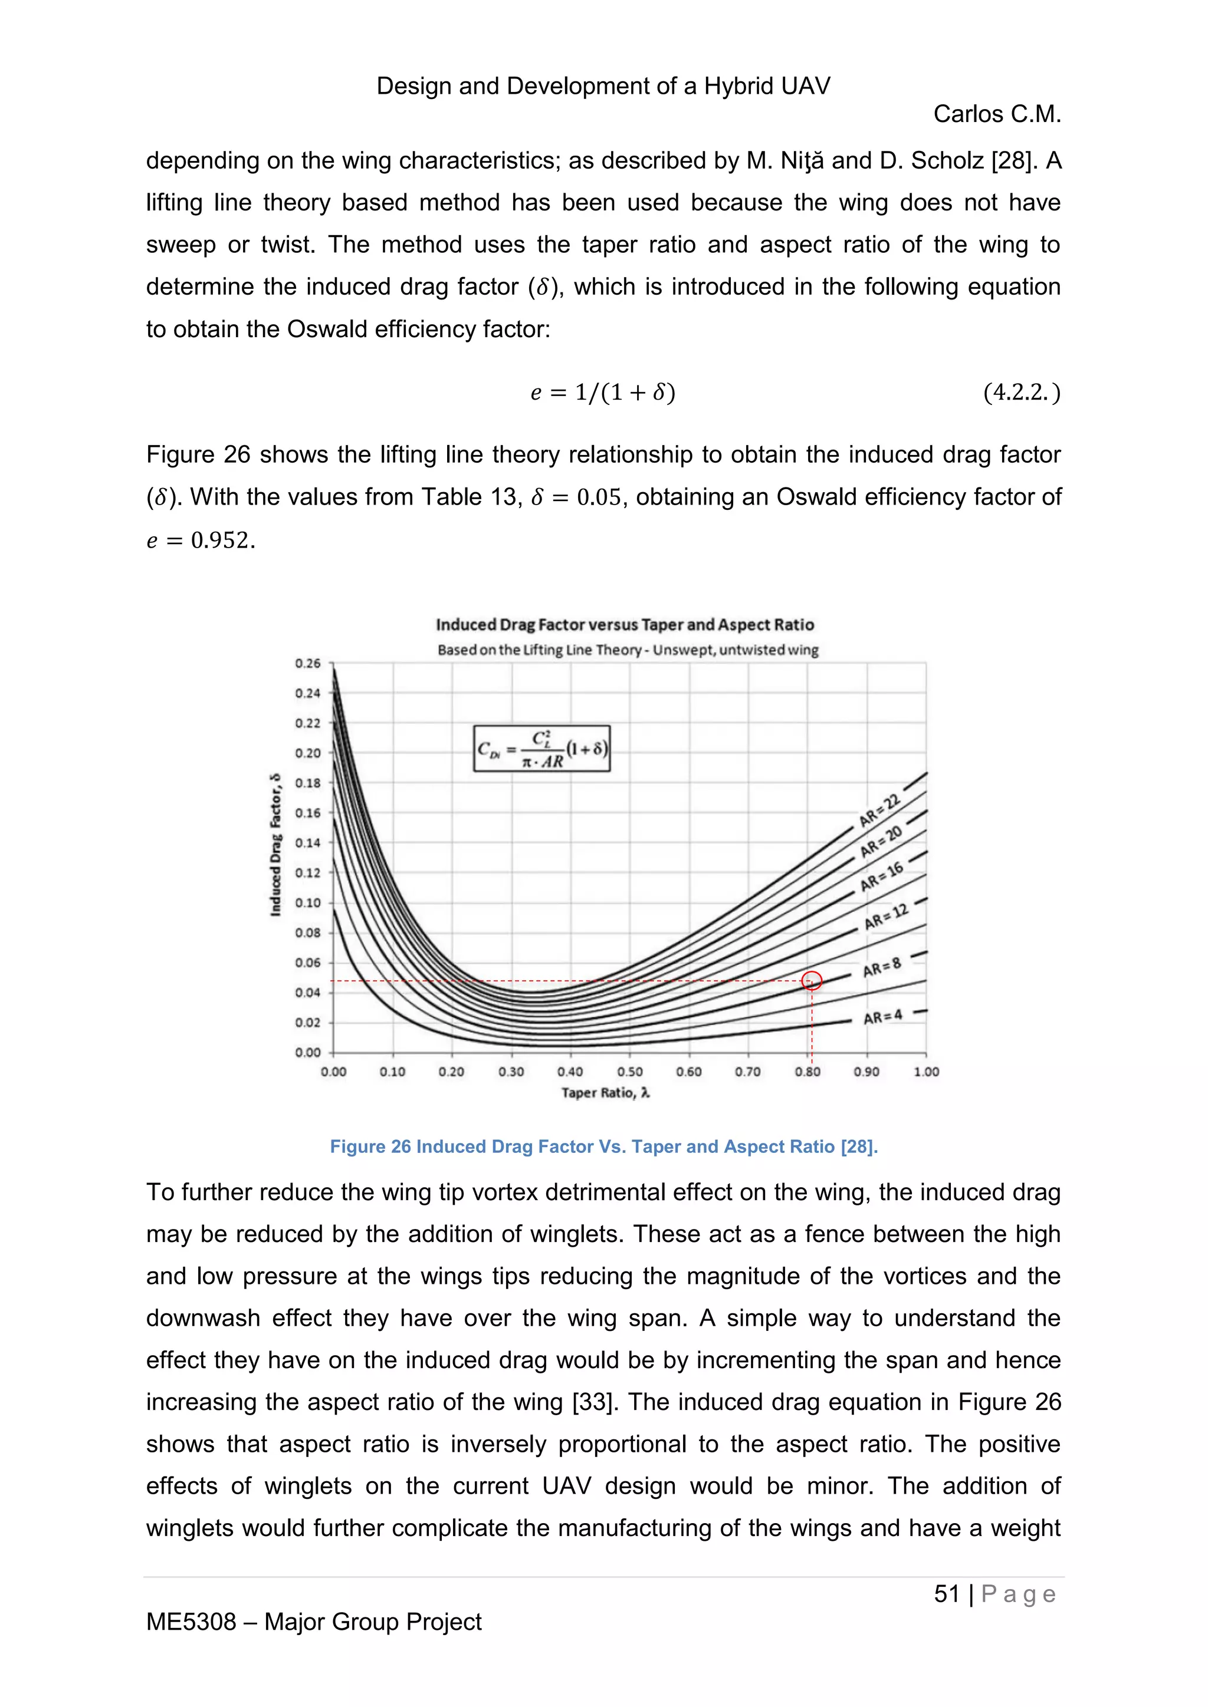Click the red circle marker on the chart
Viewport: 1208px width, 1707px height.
coord(812,981)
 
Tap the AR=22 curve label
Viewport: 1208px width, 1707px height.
coord(879,810)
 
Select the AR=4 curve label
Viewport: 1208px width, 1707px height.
coord(882,1017)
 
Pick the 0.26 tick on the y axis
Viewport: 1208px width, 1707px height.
coord(308,663)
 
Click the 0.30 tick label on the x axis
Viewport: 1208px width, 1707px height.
coord(511,1072)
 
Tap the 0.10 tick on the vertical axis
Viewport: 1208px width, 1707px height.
coord(308,902)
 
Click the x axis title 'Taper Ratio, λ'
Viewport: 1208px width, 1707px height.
coord(605,1093)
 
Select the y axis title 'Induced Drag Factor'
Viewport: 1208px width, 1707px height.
coord(276,845)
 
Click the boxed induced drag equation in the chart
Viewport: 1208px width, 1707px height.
coord(541,749)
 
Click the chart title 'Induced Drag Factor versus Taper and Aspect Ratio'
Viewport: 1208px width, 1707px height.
coord(625,625)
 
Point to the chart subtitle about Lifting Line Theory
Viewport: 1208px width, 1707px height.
coord(628,650)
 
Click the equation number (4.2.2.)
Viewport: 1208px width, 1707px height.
coord(1021,392)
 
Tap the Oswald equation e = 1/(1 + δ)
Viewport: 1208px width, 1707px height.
coord(602,392)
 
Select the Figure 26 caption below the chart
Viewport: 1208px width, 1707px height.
coord(604,1146)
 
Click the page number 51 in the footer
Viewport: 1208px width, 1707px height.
coord(946,1593)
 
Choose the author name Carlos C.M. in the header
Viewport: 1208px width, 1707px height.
coord(997,114)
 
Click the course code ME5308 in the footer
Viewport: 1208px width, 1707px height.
coord(191,1622)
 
